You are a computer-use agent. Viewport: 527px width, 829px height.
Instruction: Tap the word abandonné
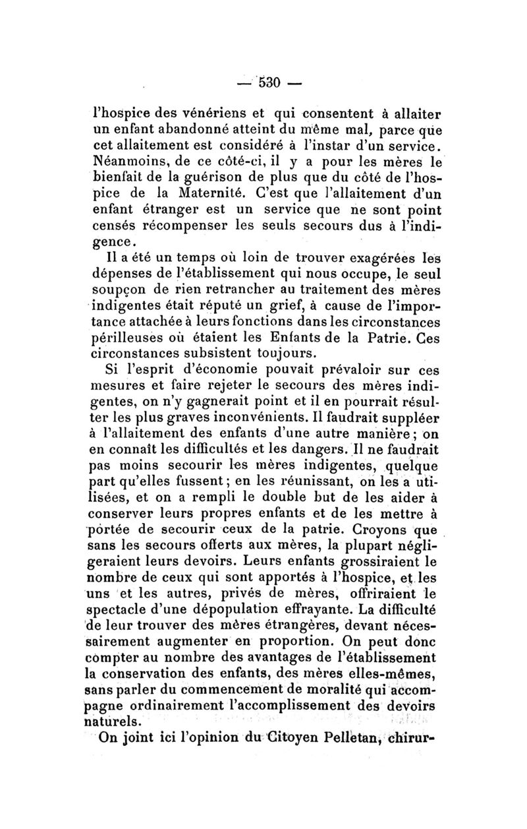tap(177, 129)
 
